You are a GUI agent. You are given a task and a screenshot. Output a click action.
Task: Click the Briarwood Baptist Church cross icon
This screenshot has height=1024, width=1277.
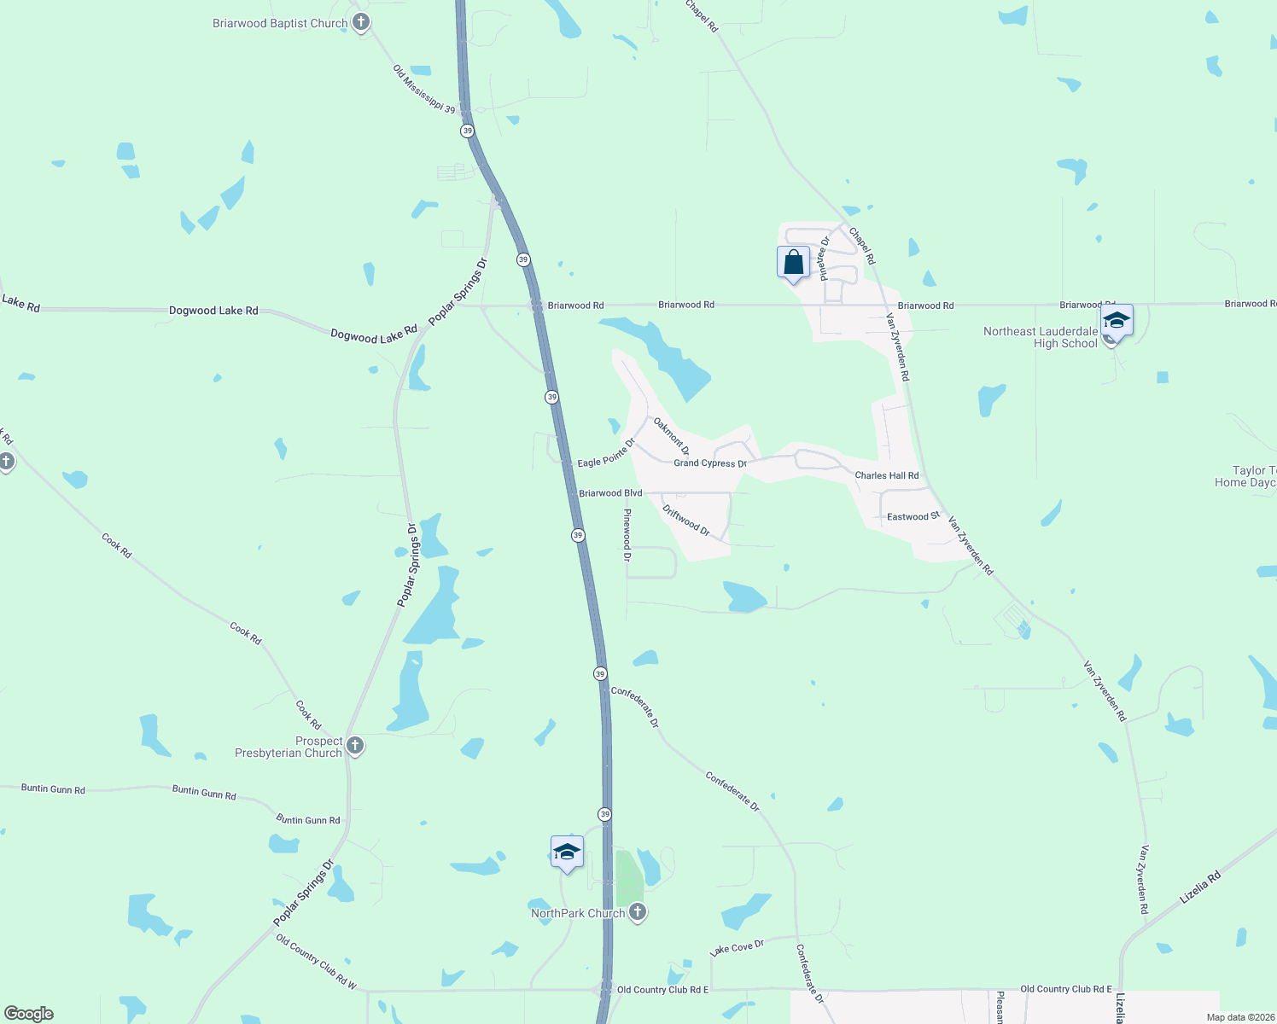(x=361, y=23)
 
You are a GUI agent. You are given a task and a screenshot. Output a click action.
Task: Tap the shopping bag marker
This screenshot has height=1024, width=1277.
(x=793, y=262)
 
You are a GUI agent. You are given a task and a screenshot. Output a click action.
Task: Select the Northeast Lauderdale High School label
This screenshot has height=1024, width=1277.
(x=1041, y=337)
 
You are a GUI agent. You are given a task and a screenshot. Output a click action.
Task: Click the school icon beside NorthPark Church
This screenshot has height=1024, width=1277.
(x=567, y=852)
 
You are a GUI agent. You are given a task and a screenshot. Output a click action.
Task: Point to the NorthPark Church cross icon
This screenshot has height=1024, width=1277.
(x=637, y=912)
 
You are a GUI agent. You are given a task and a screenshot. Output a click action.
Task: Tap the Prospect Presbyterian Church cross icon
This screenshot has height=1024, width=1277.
(x=355, y=746)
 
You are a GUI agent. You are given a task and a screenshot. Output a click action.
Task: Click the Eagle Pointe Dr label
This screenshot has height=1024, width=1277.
(x=606, y=453)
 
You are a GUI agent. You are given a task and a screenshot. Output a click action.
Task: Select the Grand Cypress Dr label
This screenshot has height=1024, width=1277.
(x=710, y=463)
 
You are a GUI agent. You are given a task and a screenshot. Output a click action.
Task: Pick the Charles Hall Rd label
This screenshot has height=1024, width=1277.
(x=887, y=475)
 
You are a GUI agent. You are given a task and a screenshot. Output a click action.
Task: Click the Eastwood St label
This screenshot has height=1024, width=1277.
(x=913, y=516)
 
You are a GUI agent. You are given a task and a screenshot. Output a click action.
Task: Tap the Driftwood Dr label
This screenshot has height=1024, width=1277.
(x=686, y=520)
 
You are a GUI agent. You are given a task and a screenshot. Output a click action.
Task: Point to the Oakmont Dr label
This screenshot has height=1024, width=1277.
(x=671, y=435)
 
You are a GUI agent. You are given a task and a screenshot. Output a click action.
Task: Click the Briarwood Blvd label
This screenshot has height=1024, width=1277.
(x=610, y=493)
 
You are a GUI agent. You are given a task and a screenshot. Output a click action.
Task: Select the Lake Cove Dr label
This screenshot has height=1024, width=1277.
(x=737, y=948)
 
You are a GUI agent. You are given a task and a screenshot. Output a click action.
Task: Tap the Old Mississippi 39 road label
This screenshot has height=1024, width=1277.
(x=424, y=88)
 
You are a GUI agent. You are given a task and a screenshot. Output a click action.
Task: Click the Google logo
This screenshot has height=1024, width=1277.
(x=29, y=1014)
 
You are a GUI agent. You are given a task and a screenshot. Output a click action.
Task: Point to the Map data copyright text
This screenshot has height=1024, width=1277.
(x=1240, y=1017)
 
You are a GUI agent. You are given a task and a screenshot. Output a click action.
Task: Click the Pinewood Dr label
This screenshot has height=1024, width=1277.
(x=627, y=534)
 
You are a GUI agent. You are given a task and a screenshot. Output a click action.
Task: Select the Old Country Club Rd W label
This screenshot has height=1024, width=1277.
(x=316, y=961)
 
